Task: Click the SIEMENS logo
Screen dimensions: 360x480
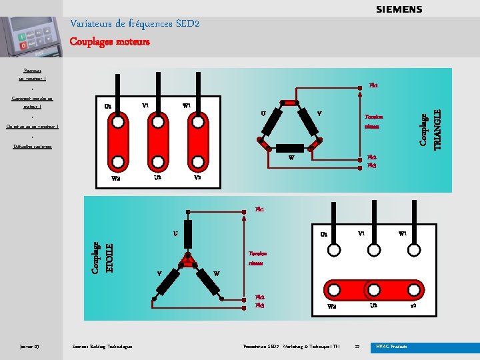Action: tap(399, 9)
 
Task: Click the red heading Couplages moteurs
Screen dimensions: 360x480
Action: tap(110, 41)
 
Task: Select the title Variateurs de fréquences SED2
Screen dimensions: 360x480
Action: tap(135, 24)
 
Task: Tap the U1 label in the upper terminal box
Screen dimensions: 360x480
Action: tap(108, 106)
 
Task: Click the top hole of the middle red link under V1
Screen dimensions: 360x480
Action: tap(157, 122)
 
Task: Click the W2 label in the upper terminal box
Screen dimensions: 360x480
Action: tap(116, 178)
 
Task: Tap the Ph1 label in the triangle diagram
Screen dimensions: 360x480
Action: tap(374, 85)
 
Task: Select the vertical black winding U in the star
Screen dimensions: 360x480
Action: tap(189, 234)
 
